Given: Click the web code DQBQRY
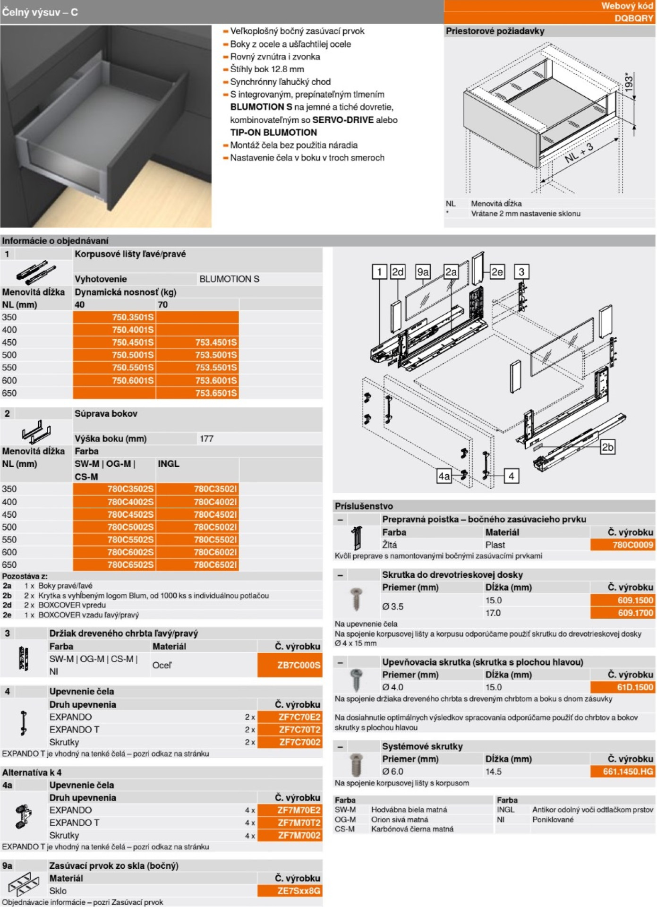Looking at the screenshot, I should tap(634, 18).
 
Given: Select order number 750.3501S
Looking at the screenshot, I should tap(133, 317).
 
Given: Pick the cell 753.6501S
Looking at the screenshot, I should tap(216, 393).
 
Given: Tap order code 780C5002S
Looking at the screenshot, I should tap(130, 527).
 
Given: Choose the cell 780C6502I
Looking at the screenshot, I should tap(215, 565).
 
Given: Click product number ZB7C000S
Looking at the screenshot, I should tap(299, 665).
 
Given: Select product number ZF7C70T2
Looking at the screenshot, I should tap(299, 729).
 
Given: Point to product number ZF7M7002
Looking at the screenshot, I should tap(299, 835).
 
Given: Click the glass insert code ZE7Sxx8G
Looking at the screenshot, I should tap(299, 891).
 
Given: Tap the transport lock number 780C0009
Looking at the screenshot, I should tap(632, 545).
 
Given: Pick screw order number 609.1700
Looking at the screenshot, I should tap(635, 613).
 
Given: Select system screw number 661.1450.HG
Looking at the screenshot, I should tap(628, 771).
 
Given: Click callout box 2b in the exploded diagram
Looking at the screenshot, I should tap(607, 447).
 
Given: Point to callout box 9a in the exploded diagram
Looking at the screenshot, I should tap(422, 272).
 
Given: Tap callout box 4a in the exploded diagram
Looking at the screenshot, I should tap(444, 476).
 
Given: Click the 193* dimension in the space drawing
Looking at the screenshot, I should tap(629, 83).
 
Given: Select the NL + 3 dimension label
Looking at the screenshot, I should tap(579, 153).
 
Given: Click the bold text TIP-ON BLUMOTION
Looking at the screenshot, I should tap(273, 132).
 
